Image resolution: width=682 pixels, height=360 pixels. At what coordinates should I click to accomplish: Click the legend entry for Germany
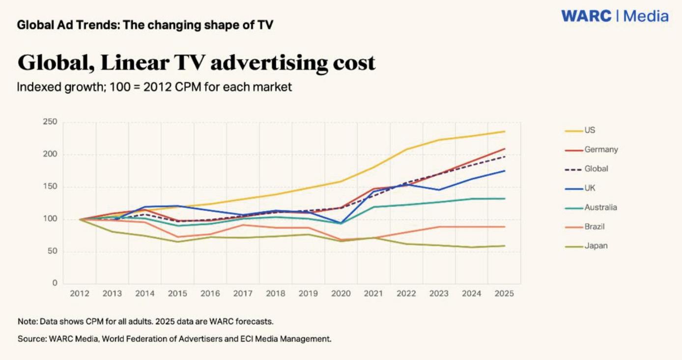600,149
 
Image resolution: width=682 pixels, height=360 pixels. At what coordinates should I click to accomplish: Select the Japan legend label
596,246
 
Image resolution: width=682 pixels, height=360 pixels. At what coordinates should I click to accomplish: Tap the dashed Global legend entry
596,168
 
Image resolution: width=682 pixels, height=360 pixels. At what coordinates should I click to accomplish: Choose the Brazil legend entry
594,226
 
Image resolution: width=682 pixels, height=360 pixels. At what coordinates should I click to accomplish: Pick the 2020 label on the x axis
341,294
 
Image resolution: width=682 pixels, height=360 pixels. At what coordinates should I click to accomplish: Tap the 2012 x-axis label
80,294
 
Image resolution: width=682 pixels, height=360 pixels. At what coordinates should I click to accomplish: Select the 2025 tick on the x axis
504,294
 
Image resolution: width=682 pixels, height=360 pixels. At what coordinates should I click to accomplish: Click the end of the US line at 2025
505,132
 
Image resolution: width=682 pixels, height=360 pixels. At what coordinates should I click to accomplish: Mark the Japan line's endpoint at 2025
505,246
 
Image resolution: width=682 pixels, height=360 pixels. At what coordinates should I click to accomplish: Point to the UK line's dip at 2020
341,223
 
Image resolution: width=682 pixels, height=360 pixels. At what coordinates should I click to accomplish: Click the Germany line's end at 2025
505,149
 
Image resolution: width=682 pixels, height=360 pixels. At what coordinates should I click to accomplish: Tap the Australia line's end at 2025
505,198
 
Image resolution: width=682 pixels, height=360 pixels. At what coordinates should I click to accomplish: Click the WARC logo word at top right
586,16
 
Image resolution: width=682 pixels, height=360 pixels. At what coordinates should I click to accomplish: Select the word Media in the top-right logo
646,16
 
